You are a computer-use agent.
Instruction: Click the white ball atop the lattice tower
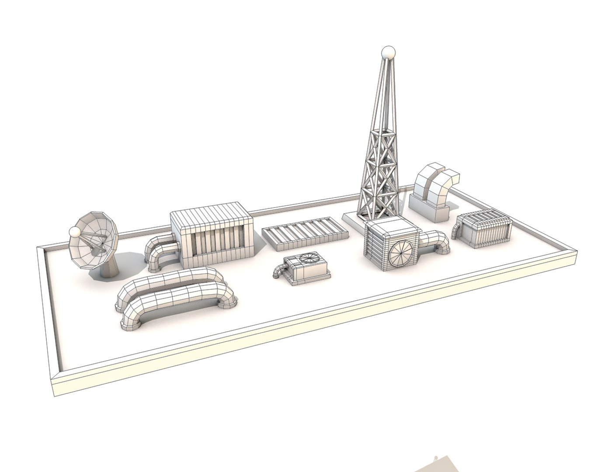pos(388,53)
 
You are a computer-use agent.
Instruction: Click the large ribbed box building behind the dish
pos(212,234)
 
